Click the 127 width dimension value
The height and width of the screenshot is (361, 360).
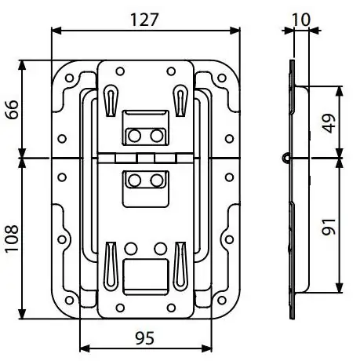[x=144, y=20]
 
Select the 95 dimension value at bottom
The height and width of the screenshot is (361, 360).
[x=145, y=338]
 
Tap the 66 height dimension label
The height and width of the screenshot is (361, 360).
[x=12, y=110]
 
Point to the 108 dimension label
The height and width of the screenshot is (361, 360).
[x=12, y=239]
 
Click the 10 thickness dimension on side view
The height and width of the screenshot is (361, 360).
[x=301, y=20]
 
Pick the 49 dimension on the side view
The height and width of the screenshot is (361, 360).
[x=329, y=123]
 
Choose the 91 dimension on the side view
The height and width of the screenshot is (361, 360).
[x=329, y=227]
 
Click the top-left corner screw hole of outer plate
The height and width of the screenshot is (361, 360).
[x=69, y=78]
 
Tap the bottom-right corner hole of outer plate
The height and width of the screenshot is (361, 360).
[x=222, y=300]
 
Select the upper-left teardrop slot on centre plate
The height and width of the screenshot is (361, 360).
[x=111, y=100]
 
